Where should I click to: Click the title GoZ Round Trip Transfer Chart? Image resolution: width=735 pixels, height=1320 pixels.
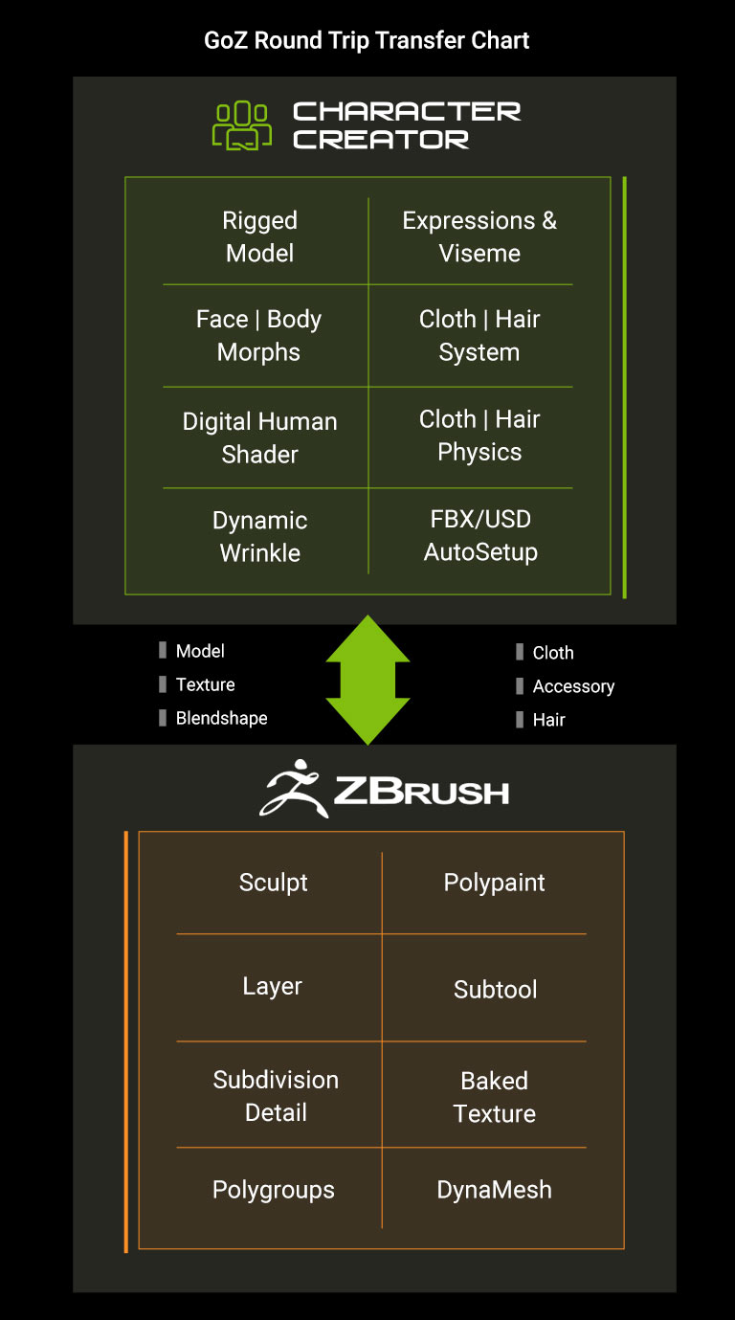[367, 41]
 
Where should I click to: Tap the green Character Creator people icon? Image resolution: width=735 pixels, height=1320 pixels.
[241, 125]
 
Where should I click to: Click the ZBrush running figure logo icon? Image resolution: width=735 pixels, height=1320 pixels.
[294, 789]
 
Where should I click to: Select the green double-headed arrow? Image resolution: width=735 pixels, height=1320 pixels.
[367, 681]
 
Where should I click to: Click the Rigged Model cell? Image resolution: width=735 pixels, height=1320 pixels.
[259, 236]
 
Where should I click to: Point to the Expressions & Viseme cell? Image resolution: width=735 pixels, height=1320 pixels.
[479, 236]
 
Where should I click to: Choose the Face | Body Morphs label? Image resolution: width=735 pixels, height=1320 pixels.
[258, 335]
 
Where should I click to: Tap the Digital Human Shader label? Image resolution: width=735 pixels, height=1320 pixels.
[259, 437]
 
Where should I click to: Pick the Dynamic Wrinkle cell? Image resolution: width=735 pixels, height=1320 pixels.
[259, 536]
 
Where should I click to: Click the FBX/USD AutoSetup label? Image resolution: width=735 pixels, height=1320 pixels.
[480, 535]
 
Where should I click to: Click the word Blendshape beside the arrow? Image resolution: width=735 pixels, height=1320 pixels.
[221, 718]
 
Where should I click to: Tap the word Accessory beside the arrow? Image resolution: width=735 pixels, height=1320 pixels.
[573, 686]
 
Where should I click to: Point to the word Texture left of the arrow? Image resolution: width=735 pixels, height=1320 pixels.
[205, 684]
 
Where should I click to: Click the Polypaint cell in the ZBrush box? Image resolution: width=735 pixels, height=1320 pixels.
[494, 883]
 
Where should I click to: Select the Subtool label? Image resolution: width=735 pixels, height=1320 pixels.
[495, 990]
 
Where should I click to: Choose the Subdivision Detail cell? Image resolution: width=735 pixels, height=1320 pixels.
[276, 1096]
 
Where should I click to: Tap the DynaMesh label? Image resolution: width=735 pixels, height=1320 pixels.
[494, 1190]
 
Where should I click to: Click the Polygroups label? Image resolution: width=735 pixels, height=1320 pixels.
[274, 1190]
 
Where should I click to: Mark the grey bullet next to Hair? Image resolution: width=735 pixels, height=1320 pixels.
[520, 719]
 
